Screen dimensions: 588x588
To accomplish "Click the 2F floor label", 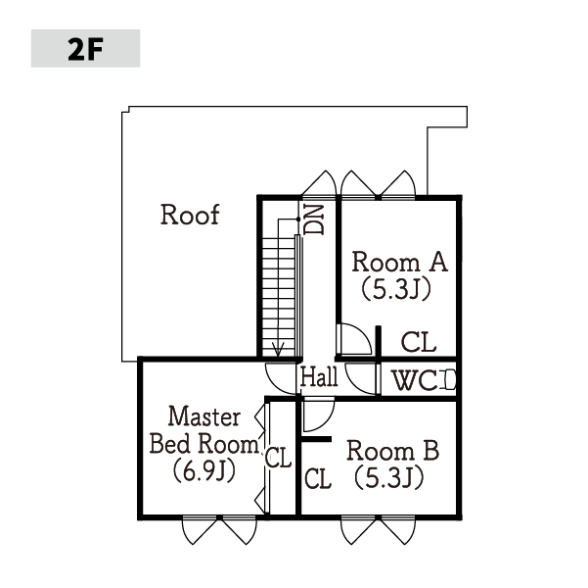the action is click(85, 49).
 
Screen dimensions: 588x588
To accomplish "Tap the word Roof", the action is click(190, 215).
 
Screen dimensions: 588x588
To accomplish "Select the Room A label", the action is click(400, 262).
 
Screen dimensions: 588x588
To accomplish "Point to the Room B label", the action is click(392, 451).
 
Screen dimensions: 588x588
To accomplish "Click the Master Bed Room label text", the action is click(204, 430).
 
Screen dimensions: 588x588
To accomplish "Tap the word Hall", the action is click(319, 377).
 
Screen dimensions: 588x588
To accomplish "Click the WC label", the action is click(415, 380).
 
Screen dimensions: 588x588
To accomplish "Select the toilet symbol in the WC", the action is click(450, 380).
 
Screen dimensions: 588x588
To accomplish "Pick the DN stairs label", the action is click(314, 220).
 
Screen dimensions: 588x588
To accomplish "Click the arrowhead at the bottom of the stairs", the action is click(278, 350).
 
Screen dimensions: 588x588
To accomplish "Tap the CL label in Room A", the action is click(419, 342).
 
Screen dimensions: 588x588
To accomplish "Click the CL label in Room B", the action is click(318, 478).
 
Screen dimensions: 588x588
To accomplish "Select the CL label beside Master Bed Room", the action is click(278, 458).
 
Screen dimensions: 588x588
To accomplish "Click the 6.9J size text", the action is click(204, 470).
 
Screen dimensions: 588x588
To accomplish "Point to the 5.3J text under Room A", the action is click(396, 289).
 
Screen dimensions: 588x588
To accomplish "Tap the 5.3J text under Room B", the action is click(389, 477).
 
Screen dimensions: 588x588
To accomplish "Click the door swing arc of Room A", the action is click(364, 333).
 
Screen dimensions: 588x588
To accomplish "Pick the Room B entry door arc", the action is click(326, 420).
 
